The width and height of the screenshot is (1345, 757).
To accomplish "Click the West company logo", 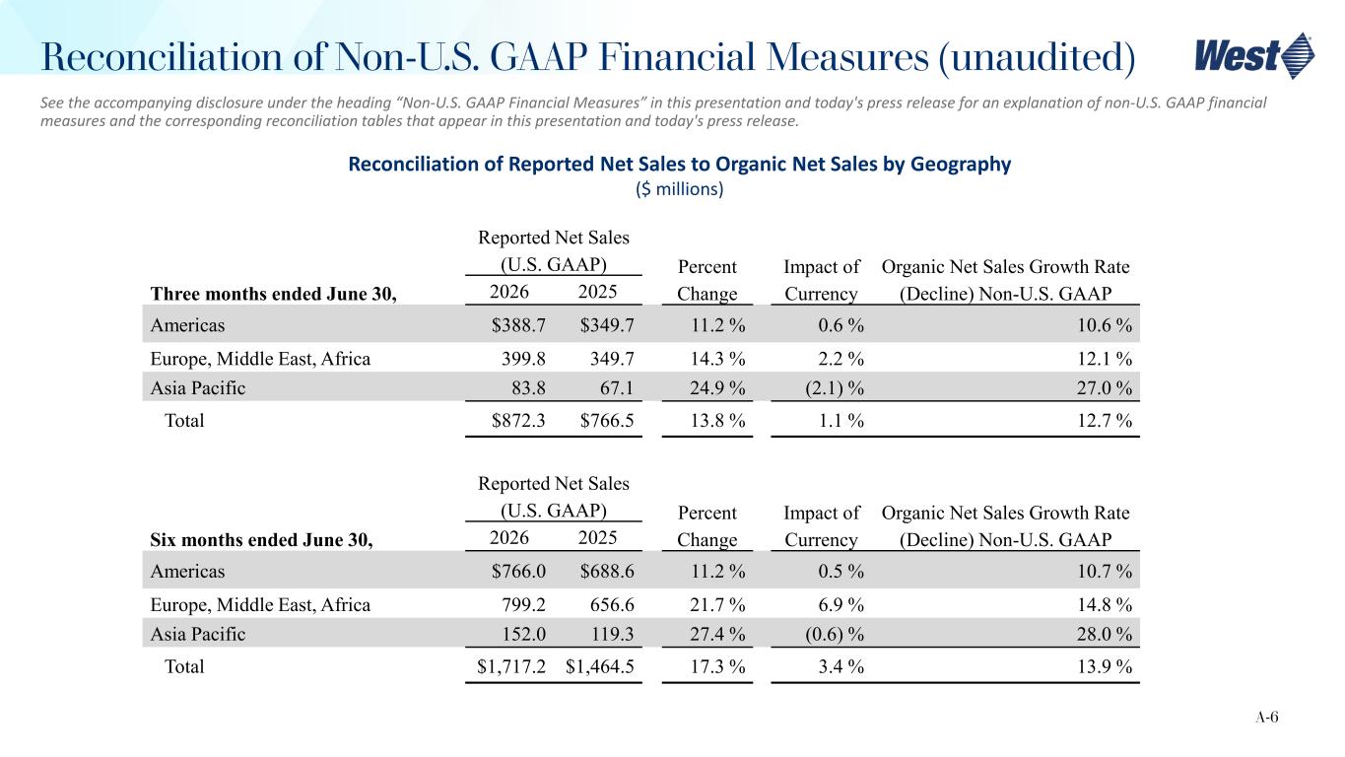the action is click(x=1254, y=56).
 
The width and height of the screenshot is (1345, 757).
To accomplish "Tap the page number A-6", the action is click(x=1267, y=717).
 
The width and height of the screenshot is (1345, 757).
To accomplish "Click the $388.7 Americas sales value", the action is click(x=518, y=325).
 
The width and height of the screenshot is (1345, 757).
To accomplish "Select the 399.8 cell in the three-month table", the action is click(x=523, y=359).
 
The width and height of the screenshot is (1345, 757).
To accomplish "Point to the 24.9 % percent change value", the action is click(x=717, y=388).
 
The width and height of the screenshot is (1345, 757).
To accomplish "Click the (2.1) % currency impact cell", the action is click(x=835, y=388).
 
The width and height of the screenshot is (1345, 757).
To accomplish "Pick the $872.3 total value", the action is click(x=518, y=420).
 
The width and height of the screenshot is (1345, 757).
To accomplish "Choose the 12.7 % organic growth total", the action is click(x=1105, y=420).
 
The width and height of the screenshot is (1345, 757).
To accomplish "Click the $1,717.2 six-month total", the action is click(x=511, y=666).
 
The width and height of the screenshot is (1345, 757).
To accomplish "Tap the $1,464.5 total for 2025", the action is click(x=599, y=666).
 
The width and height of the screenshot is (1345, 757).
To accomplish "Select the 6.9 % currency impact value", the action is click(x=841, y=604).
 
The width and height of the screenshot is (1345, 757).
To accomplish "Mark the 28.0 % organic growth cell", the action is click(x=1105, y=634).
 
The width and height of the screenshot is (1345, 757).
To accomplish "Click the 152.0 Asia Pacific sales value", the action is click(x=523, y=634).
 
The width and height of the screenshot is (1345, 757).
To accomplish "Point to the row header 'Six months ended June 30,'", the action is click(x=261, y=540).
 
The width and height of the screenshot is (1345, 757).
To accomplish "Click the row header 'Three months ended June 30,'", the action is click(x=273, y=294).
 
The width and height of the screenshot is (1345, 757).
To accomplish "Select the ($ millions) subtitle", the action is click(x=680, y=189).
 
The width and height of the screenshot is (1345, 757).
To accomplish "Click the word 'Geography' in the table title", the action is click(x=961, y=164).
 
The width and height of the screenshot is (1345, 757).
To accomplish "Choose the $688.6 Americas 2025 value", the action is click(x=606, y=571).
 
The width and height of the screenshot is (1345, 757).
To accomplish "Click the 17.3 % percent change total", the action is click(x=717, y=666).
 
